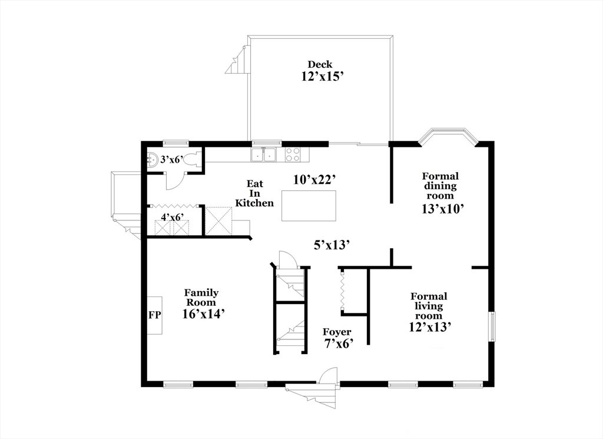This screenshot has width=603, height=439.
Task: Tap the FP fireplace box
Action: tap(154, 315)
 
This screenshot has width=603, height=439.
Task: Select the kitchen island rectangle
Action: tap(309, 205)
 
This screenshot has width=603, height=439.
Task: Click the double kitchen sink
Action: tap(264, 155)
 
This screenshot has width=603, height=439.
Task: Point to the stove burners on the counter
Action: tap(293, 154)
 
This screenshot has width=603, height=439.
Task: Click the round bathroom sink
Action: tap(151, 159)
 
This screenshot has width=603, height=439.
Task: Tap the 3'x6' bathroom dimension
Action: tap(173, 159)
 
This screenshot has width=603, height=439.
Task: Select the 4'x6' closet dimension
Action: tap(173, 217)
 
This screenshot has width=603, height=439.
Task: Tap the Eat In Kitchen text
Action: tap(254, 193)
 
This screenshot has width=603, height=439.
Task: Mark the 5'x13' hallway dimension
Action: tap(332, 244)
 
